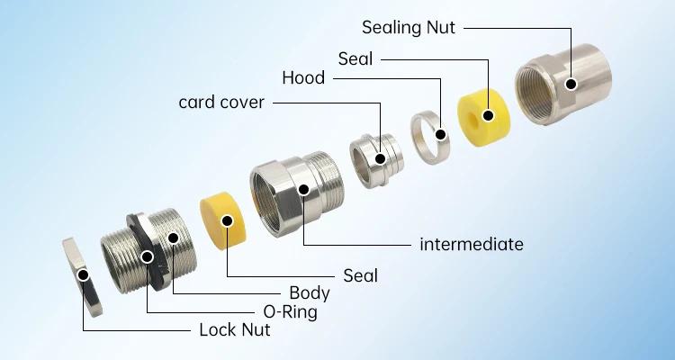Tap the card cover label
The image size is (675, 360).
pos(221,103)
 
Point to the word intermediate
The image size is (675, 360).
pos(472,244)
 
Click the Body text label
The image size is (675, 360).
pos(309,292)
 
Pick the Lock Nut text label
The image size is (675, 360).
pos(234,329)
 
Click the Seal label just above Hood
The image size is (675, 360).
pos(355,59)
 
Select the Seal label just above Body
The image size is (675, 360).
pos(360,275)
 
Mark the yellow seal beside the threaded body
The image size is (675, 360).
pos(223,220)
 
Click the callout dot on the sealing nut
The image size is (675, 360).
pos(570,85)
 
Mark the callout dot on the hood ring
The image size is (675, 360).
pos(441,135)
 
